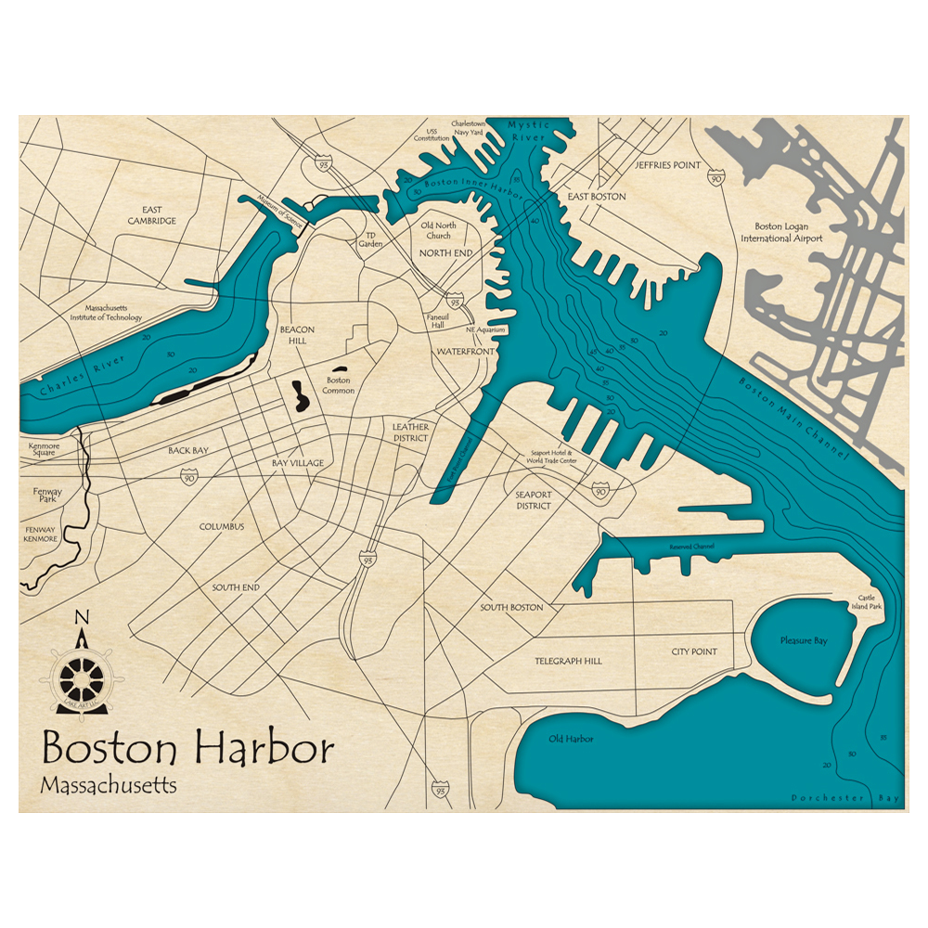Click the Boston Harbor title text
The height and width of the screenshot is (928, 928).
point(187,748)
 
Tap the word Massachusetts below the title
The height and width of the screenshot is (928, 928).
point(109,784)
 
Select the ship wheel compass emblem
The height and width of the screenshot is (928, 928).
point(81,675)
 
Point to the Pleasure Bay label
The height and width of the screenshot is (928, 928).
point(803,640)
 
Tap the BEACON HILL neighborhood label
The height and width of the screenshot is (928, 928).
point(297,335)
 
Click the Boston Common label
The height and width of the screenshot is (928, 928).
point(338,385)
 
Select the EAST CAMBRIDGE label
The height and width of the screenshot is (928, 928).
point(152,215)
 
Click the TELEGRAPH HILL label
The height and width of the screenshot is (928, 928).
point(568,661)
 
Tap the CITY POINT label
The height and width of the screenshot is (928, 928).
point(694,651)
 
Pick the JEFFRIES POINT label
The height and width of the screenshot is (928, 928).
point(667,164)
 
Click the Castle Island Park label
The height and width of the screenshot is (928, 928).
point(870,602)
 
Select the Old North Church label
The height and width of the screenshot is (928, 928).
point(439,230)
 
